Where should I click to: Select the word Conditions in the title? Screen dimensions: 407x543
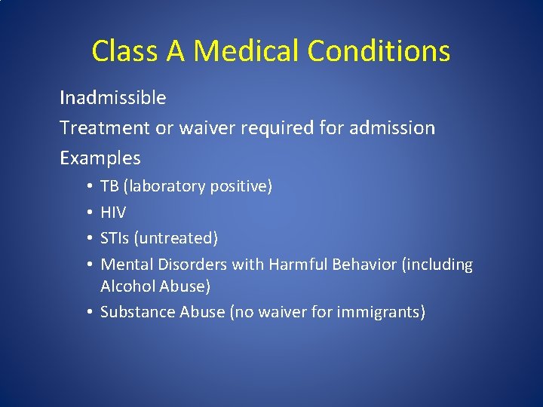[380, 51]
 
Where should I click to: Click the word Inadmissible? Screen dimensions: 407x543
[113, 98]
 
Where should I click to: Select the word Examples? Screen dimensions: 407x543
[100, 158]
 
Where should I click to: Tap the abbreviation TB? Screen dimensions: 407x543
[109, 186]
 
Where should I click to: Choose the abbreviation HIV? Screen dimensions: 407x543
[113, 213]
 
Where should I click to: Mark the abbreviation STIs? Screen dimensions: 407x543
[115, 238]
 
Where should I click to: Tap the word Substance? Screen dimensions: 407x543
[137, 312]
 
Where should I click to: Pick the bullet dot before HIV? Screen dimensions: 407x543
[90, 213]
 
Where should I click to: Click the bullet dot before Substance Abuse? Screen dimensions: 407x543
[90, 312]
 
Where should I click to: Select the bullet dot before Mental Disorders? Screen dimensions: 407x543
[90, 265]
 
